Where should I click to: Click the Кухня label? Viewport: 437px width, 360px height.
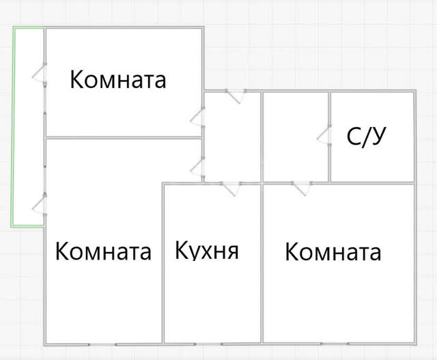point(207,250)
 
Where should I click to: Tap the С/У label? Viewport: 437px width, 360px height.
point(366,136)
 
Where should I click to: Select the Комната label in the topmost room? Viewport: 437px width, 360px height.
point(118,79)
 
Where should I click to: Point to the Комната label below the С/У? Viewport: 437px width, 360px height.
point(333,252)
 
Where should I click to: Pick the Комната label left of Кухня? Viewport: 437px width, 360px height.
point(103,251)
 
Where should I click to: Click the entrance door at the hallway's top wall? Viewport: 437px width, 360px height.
point(236,96)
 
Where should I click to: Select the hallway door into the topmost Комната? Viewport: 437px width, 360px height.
point(198,117)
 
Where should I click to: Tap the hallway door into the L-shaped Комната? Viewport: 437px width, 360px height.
point(198,169)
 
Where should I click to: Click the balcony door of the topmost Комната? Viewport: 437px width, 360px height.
point(40,74)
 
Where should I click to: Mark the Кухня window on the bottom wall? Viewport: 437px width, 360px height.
point(208,344)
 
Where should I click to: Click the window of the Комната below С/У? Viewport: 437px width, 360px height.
point(335,344)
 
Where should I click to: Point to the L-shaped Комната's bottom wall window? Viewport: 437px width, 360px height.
point(102,345)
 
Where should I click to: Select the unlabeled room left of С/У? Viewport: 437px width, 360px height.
point(296,137)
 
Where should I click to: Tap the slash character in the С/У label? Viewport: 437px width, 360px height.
point(367,136)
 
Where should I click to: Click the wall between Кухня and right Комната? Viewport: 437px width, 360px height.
point(262,264)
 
